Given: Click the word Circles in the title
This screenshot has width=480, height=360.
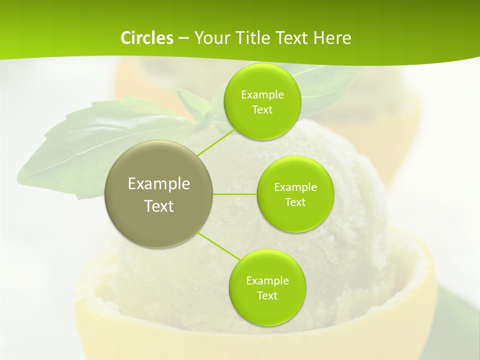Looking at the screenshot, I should point(146,38).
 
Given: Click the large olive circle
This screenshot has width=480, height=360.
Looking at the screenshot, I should point(158,225).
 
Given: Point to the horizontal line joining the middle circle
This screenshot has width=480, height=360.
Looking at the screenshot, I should point(234,194).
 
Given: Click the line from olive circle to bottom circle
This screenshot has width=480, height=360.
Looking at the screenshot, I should point(218,247).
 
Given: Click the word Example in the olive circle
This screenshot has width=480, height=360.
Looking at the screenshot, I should point(159,184).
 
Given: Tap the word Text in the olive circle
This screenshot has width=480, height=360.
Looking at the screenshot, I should point(159,206).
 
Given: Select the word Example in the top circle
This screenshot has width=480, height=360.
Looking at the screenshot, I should point(262,95).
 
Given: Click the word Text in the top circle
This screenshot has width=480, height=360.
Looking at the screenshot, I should point(262,110).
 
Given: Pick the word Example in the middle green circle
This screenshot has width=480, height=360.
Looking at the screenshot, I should point(295,187).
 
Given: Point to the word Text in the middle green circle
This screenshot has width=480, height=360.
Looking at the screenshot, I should point(295,202).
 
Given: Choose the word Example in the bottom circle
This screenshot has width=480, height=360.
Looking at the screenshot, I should point(267,281).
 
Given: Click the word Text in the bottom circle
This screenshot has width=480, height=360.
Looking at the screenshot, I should point(267,296).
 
